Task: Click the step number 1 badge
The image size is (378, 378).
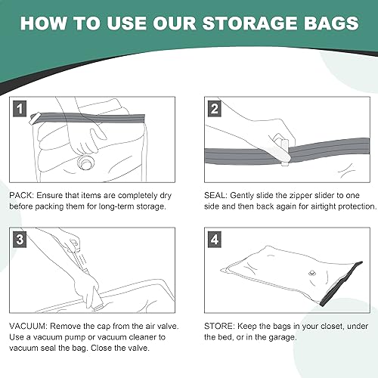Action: [x=20, y=109]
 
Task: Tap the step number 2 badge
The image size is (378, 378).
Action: [x=215, y=109]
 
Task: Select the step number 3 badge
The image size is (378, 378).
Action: [x=20, y=240]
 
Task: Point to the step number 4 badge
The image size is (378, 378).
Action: [x=215, y=240]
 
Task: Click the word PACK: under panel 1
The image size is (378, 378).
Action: [x=21, y=196]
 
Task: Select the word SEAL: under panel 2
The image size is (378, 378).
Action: [x=216, y=196]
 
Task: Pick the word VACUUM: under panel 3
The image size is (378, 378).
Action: [x=28, y=326]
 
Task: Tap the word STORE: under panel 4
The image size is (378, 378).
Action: [x=219, y=326]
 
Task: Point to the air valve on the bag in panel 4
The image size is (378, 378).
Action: [x=312, y=273]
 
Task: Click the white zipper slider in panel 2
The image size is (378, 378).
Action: [x=284, y=150]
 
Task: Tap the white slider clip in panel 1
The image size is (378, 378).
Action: [x=34, y=118]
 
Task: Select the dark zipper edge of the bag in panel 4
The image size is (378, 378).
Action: [x=342, y=283]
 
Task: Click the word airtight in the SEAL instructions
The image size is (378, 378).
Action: [x=324, y=206]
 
